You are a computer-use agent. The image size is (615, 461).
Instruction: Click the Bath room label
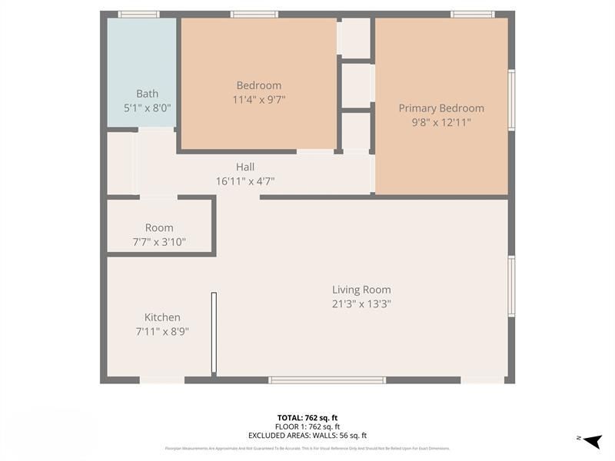147,94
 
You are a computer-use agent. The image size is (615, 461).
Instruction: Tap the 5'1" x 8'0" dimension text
147,108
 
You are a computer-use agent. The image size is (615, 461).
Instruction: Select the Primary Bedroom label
441,108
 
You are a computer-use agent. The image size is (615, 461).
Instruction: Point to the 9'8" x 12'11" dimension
441,122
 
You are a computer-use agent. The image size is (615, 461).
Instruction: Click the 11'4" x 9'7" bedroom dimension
259,99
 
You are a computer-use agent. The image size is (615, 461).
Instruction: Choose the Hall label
245,167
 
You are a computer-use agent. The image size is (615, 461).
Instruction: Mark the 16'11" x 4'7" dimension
245,181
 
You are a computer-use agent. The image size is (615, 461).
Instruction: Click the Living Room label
361,290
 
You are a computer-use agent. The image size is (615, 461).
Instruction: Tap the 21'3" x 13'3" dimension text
361,303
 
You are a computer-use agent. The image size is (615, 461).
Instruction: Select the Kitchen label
162,317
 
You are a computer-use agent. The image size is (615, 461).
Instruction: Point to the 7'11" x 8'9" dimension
162,331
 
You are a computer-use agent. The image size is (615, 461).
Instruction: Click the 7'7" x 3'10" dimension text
159,242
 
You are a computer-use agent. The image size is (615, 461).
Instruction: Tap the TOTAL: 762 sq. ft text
307,417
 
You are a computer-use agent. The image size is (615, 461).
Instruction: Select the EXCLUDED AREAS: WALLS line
307,435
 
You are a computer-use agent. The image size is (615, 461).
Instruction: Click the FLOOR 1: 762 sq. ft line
307,426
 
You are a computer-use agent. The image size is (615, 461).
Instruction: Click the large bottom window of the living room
327,380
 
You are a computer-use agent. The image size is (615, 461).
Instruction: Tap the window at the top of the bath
139,14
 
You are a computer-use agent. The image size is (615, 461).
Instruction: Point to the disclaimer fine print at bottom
307,448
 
